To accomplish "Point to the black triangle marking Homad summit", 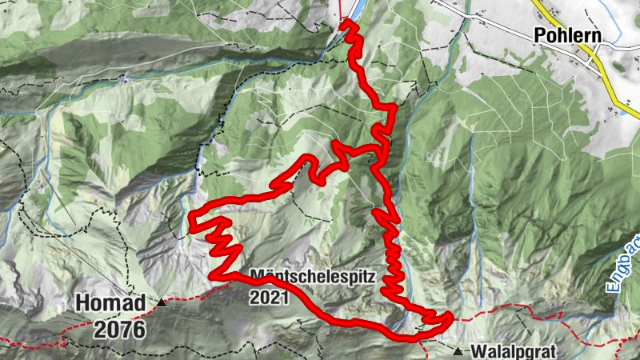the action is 162,302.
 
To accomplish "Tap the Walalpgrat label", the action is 512,350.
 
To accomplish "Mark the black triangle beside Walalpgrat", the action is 458,350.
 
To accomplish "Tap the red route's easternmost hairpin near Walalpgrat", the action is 450,318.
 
